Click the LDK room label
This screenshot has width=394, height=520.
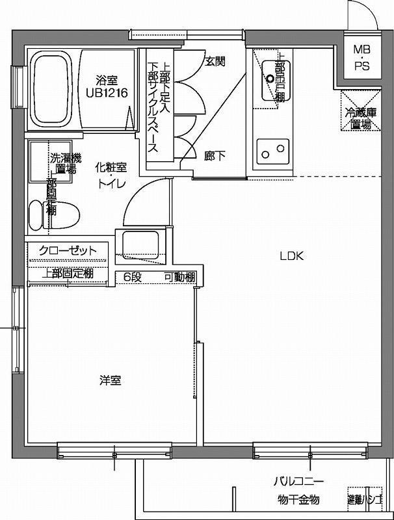(292, 255)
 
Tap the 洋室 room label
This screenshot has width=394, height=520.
(111, 380)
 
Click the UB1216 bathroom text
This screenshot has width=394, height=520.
(107, 93)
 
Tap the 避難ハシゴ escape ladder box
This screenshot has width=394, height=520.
(364, 500)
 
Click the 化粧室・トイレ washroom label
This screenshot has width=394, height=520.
(112, 175)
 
